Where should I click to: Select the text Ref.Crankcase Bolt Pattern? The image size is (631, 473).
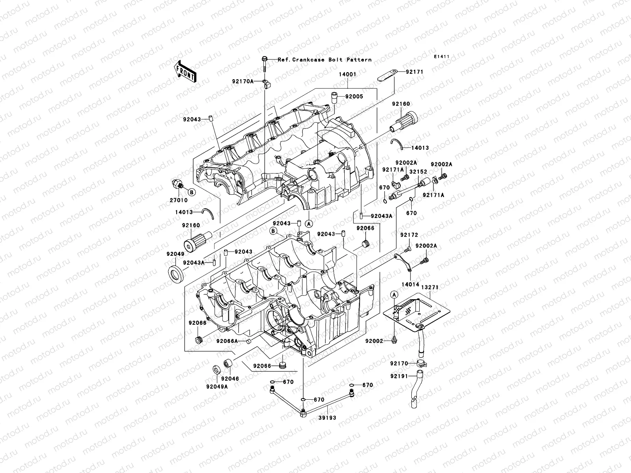coord(325,60)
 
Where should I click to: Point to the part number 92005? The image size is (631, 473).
coord(354,97)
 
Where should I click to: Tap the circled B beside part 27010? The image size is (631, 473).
coord(191,192)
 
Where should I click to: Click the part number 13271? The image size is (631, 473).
coord(429,287)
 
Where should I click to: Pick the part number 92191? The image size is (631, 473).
coord(400,376)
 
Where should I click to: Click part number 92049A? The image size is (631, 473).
coord(217,387)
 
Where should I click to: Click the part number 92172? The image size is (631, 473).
coord(409,235)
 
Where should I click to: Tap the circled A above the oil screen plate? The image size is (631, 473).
coord(394,294)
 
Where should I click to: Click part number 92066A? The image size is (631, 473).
coord(227,341)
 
